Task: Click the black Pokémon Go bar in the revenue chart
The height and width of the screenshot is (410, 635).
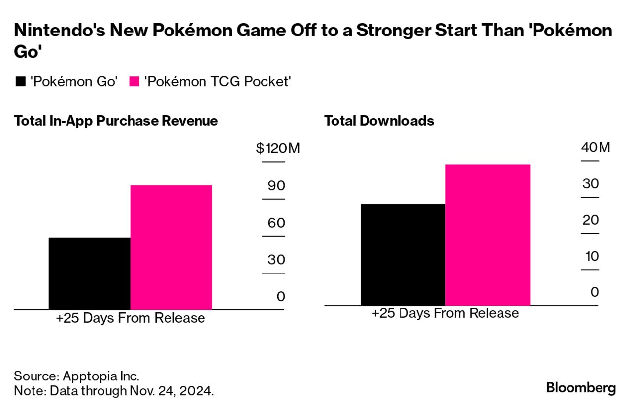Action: (89, 273)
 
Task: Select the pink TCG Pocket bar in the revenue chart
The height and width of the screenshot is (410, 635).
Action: (171, 247)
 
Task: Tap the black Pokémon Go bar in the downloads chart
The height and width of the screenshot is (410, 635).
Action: (402, 254)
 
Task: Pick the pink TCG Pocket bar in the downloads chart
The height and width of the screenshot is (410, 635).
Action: (487, 235)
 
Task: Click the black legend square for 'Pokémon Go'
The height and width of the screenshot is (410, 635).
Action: (20, 82)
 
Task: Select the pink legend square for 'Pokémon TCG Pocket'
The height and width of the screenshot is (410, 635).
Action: (134, 82)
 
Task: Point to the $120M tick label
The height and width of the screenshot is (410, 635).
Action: (277, 148)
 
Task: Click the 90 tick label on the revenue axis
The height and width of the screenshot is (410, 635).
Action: (276, 186)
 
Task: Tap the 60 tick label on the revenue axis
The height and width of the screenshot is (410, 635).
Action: (276, 223)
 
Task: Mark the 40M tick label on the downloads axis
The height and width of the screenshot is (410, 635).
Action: (595, 147)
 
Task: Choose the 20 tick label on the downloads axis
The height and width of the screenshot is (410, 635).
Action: (590, 220)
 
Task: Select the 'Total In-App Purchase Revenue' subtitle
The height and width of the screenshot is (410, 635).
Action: (116, 121)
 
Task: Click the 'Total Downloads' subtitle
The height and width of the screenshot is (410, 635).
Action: (379, 121)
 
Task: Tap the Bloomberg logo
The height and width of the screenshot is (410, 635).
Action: (581, 388)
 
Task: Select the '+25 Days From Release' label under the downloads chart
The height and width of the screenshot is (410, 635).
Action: (445, 313)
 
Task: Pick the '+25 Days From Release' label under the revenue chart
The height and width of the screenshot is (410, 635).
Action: (130, 318)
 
